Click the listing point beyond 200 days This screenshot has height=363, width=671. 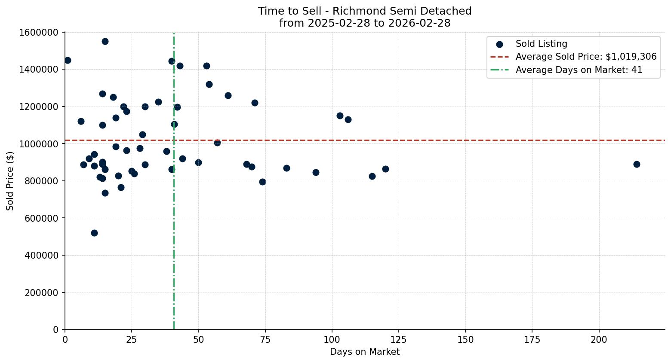click(x=637, y=164)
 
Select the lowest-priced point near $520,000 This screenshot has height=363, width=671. click(x=94, y=233)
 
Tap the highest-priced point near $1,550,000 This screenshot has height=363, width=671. click(x=105, y=41)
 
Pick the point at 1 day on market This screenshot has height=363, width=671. click(x=68, y=60)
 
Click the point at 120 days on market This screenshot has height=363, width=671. click(x=385, y=169)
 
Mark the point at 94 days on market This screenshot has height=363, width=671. click(x=316, y=172)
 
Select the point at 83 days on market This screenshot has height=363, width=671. click(x=286, y=168)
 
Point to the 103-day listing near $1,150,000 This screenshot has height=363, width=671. click(x=340, y=116)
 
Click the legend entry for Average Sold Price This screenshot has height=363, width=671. click(x=586, y=57)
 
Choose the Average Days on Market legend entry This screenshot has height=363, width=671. click(x=579, y=70)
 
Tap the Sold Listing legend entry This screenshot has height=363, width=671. click(x=541, y=44)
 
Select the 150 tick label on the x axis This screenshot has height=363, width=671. click(x=465, y=340)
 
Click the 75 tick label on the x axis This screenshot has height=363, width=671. click(x=265, y=340)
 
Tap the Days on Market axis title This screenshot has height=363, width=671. click(x=364, y=352)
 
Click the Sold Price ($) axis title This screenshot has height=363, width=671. click(x=10, y=181)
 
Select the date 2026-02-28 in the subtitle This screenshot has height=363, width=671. click(x=419, y=23)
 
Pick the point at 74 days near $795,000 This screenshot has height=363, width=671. click(x=262, y=182)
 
